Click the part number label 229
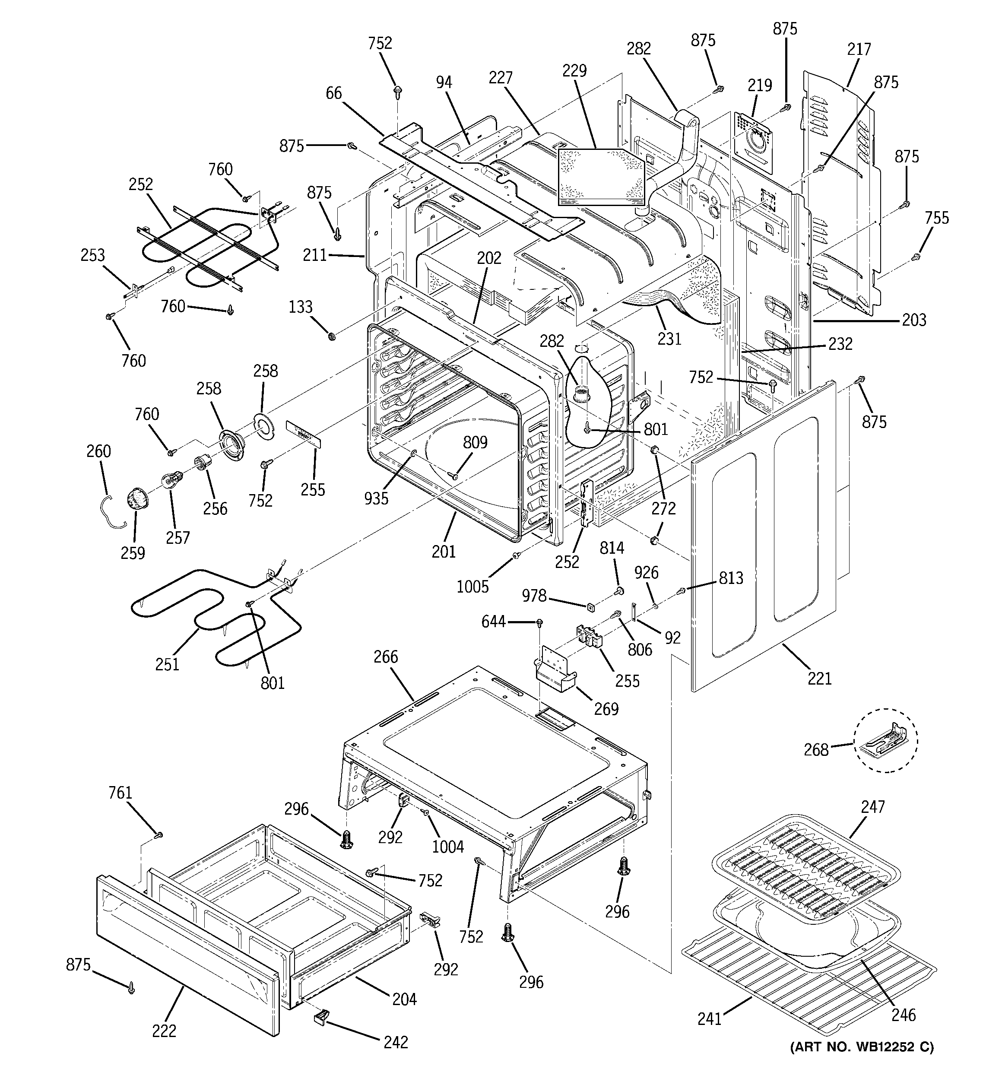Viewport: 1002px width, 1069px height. tap(574, 70)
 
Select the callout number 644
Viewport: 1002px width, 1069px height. tap(493, 622)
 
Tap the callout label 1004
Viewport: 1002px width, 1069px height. tap(447, 847)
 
